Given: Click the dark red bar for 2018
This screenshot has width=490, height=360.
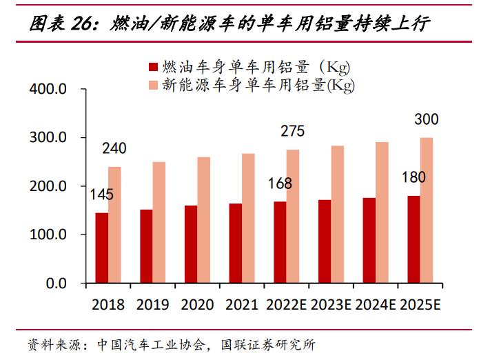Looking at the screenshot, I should (x=101, y=248).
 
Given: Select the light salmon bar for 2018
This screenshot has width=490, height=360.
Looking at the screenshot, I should (x=114, y=225).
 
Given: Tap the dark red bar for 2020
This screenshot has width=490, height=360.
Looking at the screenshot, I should (x=191, y=244).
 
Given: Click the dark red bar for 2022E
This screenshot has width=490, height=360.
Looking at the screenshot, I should (x=280, y=242).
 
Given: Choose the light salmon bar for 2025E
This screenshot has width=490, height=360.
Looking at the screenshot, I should (x=427, y=210).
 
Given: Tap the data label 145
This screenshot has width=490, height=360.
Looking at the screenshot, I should (x=102, y=194).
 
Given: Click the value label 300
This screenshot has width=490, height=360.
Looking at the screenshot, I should (x=426, y=120).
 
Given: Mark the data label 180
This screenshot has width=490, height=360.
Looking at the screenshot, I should (x=414, y=177).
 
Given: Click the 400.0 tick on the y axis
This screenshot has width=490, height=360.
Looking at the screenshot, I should (x=48, y=90).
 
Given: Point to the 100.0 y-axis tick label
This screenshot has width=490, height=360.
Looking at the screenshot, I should (x=48, y=235).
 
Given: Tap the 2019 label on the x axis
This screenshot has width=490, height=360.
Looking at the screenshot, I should (x=152, y=305).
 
